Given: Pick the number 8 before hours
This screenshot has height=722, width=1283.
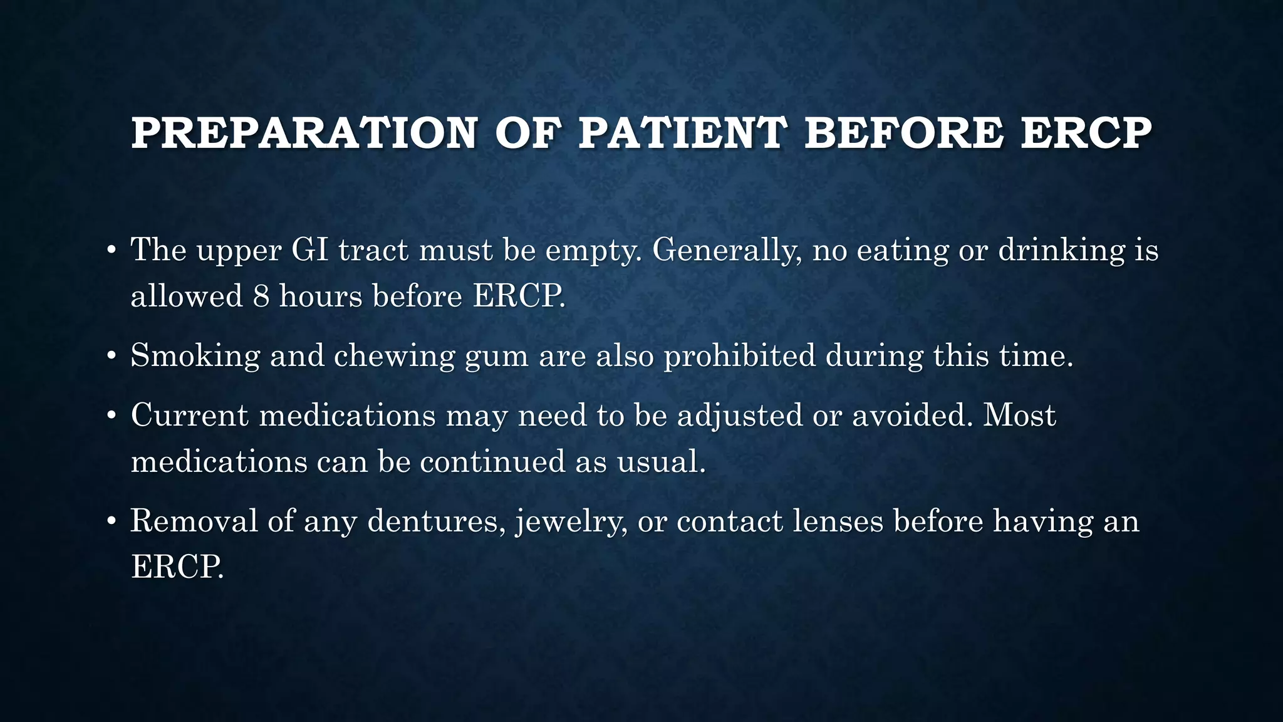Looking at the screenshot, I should pyautogui.click(x=261, y=296).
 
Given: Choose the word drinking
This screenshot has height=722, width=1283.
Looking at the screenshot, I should pyautogui.click(x=1061, y=251).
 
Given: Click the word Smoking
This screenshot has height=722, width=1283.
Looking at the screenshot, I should pyautogui.click(x=195, y=356).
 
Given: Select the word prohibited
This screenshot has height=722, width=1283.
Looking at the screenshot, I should pyautogui.click(x=739, y=356).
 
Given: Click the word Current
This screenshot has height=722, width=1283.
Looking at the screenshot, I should pyautogui.click(x=190, y=415).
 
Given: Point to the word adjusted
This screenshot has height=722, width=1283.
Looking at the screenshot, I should pyautogui.click(x=740, y=416).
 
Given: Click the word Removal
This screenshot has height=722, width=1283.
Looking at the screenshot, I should pyautogui.click(x=194, y=521).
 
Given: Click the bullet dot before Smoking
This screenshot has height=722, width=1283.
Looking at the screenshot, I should pyautogui.click(x=112, y=356).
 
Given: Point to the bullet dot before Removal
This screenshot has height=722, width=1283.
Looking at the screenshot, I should pyautogui.click(x=112, y=521).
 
